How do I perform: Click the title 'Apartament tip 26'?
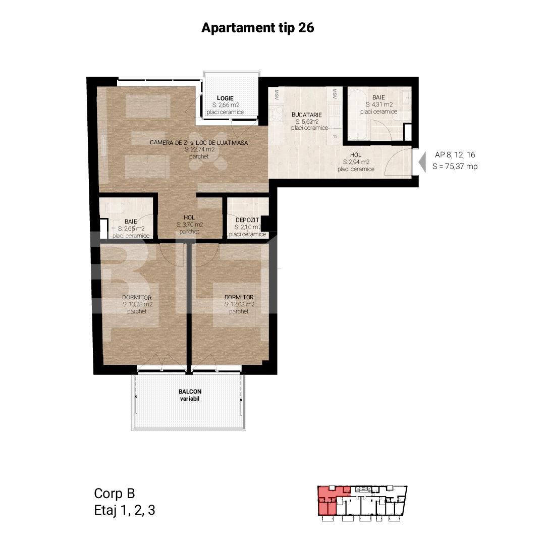coord(257,28)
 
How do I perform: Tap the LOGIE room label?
coord(225,98)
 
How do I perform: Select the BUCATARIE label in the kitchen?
coord(307,115)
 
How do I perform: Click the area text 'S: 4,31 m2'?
coord(379,104)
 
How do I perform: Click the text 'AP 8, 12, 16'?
coord(455,155)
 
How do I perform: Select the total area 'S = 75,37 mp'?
coord(455,166)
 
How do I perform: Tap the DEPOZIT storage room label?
coord(247,220)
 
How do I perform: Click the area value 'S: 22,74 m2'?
coord(199,149)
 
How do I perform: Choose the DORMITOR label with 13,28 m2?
coord(137,298)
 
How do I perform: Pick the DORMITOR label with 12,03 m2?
coord(239,297)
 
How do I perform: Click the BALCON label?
coord(190,392)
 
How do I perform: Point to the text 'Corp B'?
coord(115,494)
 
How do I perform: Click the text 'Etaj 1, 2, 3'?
coord(125,510)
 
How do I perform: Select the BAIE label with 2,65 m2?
coord(131,222)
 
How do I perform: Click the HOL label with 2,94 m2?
coord(356,155)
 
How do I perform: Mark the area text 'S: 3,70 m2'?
coord(189,225)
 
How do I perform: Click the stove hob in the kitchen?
coord(277,114)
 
